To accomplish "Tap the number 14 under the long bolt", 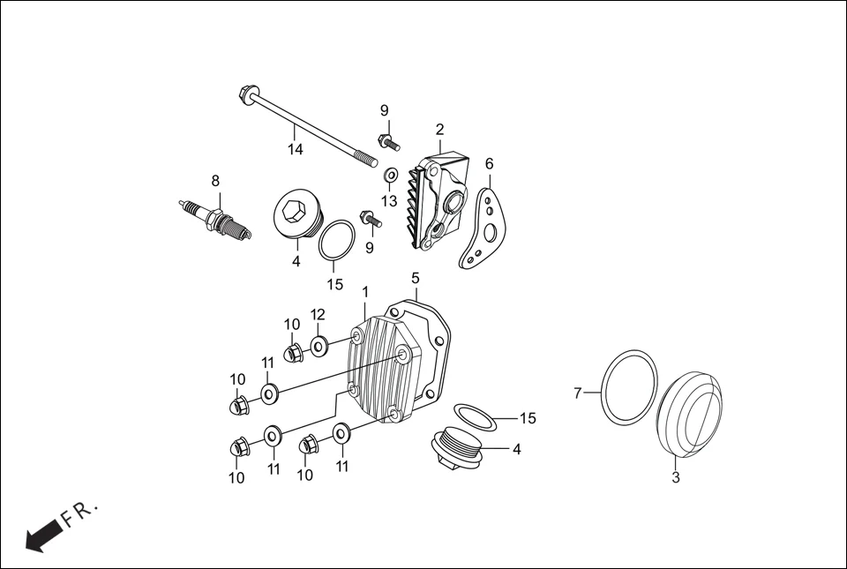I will point(295,150).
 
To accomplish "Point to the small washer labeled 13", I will point(390,176).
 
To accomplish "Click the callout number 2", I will point(439,130).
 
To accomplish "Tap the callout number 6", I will point(489,164).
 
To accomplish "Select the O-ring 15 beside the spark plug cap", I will point(336,242).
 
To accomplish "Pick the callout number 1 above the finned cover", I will point(365,292).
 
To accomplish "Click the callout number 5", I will point(415,278).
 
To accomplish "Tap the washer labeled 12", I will point(319,344).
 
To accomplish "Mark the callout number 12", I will point(318,314).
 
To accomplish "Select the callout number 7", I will point(579,393).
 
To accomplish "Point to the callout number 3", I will point(676,478).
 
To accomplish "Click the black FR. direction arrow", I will point(44,535).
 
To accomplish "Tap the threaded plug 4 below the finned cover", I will point(453,448).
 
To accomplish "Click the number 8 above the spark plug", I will point(214,181).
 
